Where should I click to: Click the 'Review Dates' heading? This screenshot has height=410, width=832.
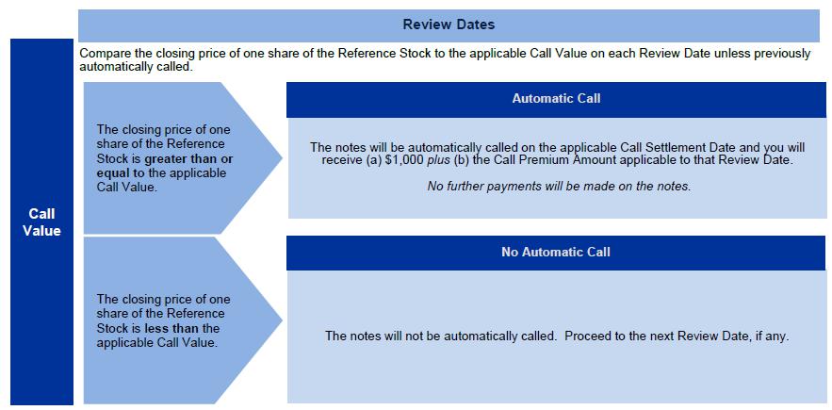[449, 25]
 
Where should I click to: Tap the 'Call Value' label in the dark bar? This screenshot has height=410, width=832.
[41, 222]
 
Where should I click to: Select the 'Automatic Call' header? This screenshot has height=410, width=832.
[556, 98]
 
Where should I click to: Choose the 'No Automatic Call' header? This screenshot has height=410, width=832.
[556, 252]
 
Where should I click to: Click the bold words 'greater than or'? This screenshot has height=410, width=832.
[188, 158]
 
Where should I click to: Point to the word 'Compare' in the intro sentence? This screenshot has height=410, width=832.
[102, 54]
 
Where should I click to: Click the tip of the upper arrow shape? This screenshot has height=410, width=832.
[282, 157]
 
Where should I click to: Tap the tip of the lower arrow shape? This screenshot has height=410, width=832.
[282, 320]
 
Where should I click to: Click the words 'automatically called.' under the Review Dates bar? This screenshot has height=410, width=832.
[135, 67]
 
